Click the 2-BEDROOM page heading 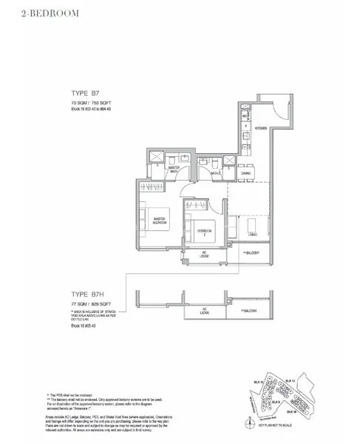click(45, 13)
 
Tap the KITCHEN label click(261, 128)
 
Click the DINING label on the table click(245, 172)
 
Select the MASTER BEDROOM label click(159, 221)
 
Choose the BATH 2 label click(216, 172)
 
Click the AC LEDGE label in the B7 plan click(205, 254)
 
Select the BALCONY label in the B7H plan click(248, 311)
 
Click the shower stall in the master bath click(157, 158)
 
